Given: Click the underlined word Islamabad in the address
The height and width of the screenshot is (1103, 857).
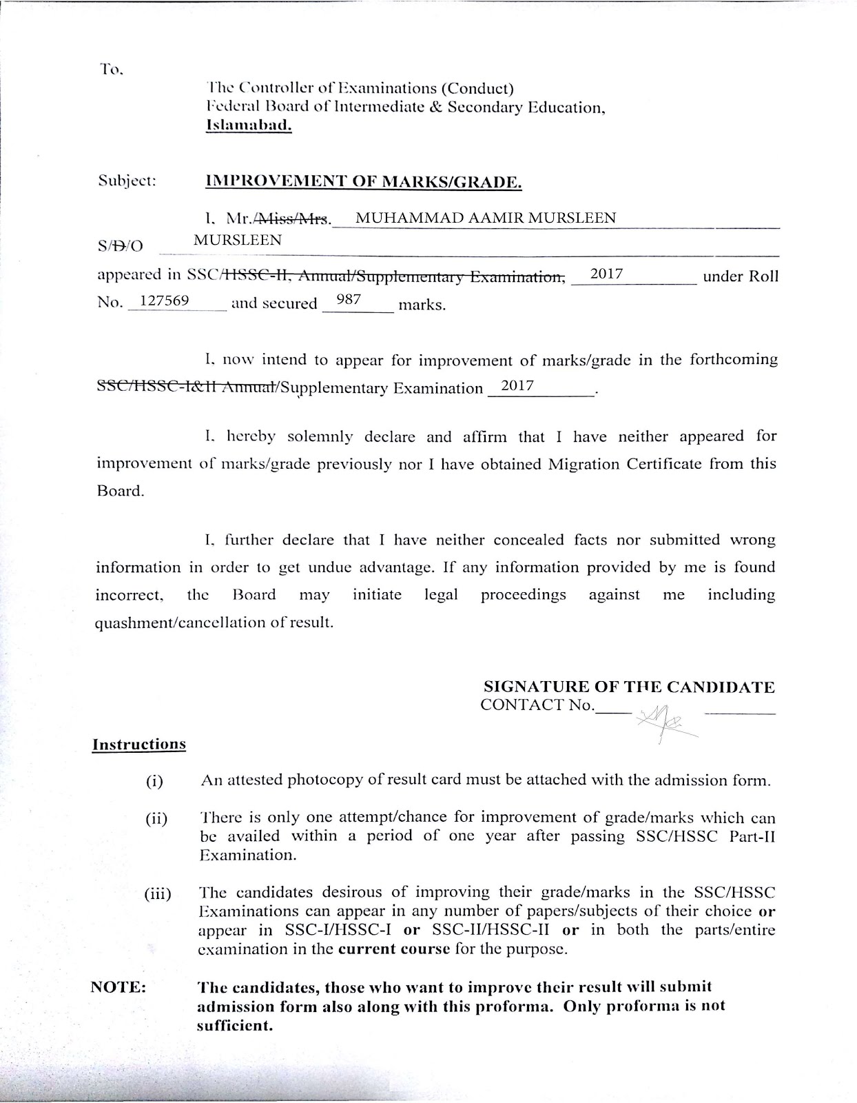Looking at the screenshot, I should [249, 126].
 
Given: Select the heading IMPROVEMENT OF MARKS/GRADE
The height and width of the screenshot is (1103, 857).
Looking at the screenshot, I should [364, 183].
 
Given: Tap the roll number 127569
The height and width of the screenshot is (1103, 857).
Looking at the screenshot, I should [165, 301].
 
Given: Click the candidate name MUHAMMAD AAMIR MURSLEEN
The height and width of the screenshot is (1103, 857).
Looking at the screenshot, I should [485, 219].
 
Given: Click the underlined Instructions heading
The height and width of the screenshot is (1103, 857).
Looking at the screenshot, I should [139, 745].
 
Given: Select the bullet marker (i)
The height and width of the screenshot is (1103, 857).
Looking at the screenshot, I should [154, 782].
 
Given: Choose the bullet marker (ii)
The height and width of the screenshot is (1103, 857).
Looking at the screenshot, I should [156, 820].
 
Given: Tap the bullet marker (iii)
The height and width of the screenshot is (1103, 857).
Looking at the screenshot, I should [158, 895].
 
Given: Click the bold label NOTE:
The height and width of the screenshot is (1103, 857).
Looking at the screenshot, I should [118, 986].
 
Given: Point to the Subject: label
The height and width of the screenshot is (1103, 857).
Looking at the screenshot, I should [127, 182].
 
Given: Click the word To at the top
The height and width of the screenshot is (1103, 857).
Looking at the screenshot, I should [110, 69].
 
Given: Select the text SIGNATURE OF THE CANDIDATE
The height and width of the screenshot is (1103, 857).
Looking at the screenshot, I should [629, 687].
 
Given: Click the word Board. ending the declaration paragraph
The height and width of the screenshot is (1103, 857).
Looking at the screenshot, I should [120, 492].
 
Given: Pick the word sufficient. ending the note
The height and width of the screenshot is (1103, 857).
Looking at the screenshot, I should [235, 1025].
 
